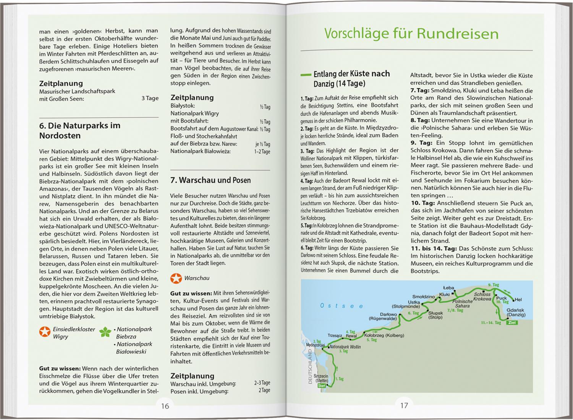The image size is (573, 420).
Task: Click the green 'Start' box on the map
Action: point(322,386)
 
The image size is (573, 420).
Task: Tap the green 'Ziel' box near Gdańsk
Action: point(512,323)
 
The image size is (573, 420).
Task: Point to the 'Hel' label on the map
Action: point(518,300)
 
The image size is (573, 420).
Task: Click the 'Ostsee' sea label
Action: point(342,306)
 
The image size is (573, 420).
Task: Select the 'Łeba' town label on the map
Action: point(448,288)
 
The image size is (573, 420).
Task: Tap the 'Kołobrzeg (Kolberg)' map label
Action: point(384,335)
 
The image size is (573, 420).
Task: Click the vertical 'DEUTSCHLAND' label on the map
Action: point(310,367)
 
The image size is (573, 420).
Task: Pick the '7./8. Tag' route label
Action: point(455,310)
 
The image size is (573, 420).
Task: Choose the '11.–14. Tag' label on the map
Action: point(491,323)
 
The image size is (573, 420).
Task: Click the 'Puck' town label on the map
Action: point(501,298)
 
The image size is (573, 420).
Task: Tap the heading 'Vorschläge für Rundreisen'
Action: point(411,34)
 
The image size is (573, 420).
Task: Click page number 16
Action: point(165,406)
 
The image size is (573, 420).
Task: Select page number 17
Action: point(404,405)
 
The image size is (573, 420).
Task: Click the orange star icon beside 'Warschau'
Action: point(176,278)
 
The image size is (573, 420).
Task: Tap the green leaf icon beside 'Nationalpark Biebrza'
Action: point(105,332)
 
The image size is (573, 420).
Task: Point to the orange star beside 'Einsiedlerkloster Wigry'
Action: point(45,332)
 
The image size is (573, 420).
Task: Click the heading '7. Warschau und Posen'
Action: point(210,180)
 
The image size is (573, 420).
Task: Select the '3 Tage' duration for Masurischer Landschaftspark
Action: point(150,98)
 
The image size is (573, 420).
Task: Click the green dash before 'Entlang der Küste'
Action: point(306,75)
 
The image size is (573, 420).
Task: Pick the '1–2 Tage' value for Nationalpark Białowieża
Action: point(262,152)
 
